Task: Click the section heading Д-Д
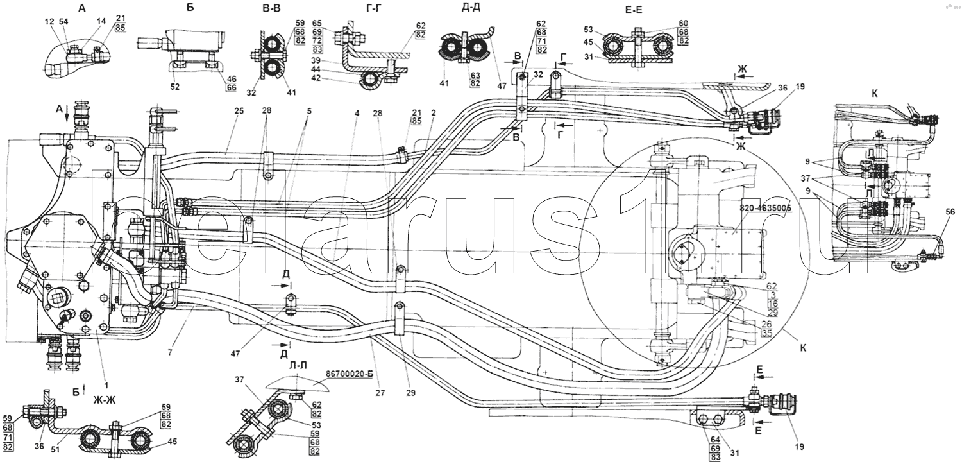[x=460, y=10]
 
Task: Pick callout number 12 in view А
[x=50, y=22]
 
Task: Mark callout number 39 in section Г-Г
[x=317, y=58]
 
